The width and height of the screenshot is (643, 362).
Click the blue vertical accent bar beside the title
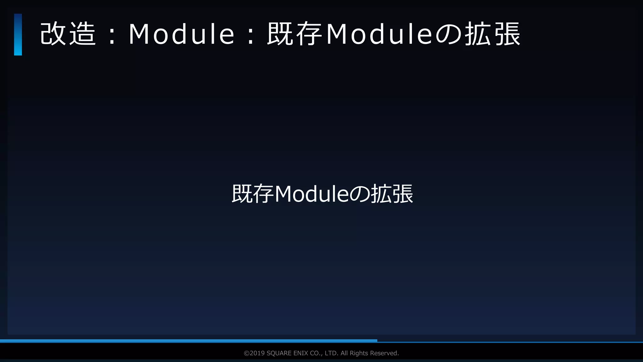[18, 35]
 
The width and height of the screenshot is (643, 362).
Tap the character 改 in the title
[53, 34]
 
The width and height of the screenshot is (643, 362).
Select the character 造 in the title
[82, 34]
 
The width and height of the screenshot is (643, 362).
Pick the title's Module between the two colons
[181, 34]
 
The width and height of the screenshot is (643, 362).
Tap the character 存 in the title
[309, 34]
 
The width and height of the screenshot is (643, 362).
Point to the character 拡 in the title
[478, 34]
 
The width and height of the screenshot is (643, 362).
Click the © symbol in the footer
[246, 353]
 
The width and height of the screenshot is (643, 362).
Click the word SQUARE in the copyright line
[279, 353]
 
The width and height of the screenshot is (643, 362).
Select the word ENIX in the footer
[300, 353]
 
